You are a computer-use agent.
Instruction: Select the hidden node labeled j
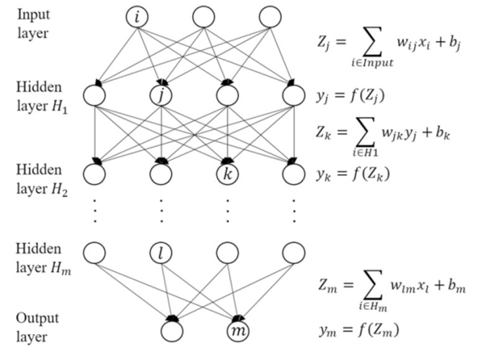161,95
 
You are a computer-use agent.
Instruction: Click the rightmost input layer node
270,17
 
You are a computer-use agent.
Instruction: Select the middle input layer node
203,17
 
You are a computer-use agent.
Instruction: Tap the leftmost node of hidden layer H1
94,95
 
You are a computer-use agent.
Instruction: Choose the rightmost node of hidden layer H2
293,173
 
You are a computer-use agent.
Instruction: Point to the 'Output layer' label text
37,328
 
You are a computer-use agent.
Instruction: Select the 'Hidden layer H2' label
41,178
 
